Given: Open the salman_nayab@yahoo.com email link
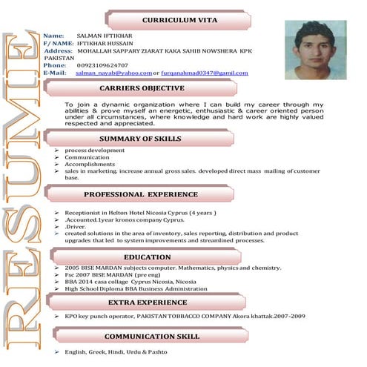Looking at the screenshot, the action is (x=113, y=73).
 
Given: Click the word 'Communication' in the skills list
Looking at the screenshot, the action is (x=87, y=157).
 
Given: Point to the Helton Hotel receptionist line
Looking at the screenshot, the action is (x=140, y=213).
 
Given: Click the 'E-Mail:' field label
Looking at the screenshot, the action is (x=55, y=73).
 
